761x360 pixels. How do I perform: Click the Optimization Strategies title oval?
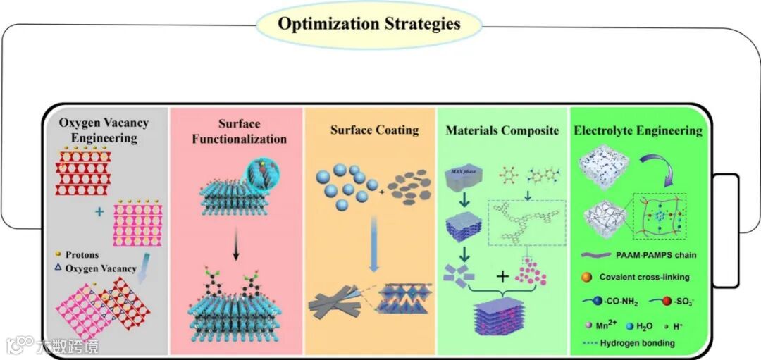coord(369,24)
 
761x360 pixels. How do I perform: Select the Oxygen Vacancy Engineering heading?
coord(104,130)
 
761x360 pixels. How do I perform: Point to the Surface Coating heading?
coord(374,130)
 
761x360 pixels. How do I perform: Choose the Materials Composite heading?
coord(502,130)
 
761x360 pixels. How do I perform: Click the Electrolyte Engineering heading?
coord(638,130)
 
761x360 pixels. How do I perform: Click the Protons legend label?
coord(83,255)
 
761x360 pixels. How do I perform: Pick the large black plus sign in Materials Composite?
coord(502,276)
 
